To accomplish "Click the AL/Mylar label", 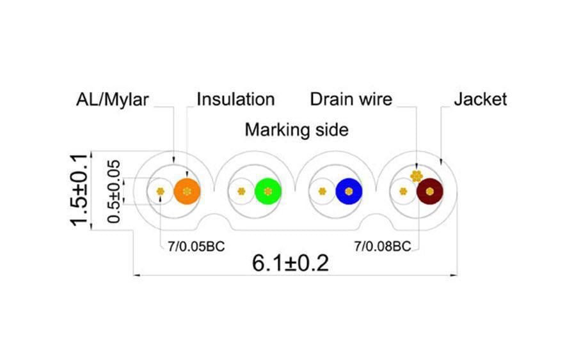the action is tap(113, 100).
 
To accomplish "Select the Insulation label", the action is tap(235, 100).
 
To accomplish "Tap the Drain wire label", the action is tap(351, 100).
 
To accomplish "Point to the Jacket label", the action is tap(481, 100).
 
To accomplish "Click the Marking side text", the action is tap(296, 130).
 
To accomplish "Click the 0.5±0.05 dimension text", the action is tap(114, 192).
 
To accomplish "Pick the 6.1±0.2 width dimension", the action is tap(291, 263).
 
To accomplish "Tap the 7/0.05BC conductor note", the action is tap(196, 246).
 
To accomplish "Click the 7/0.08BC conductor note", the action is tap(383, 246).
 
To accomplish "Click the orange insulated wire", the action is tap(187, 191).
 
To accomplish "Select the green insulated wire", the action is tap(268, 191).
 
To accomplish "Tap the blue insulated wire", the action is tap(349, 191).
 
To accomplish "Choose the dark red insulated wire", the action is tap(430, 191).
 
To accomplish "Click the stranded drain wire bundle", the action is tap(417, 176).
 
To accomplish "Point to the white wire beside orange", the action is tap(161, 191).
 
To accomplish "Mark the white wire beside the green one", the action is tap(241, 191).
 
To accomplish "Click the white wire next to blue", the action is tap(322, 191).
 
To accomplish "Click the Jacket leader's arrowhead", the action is tap(440, 162).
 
